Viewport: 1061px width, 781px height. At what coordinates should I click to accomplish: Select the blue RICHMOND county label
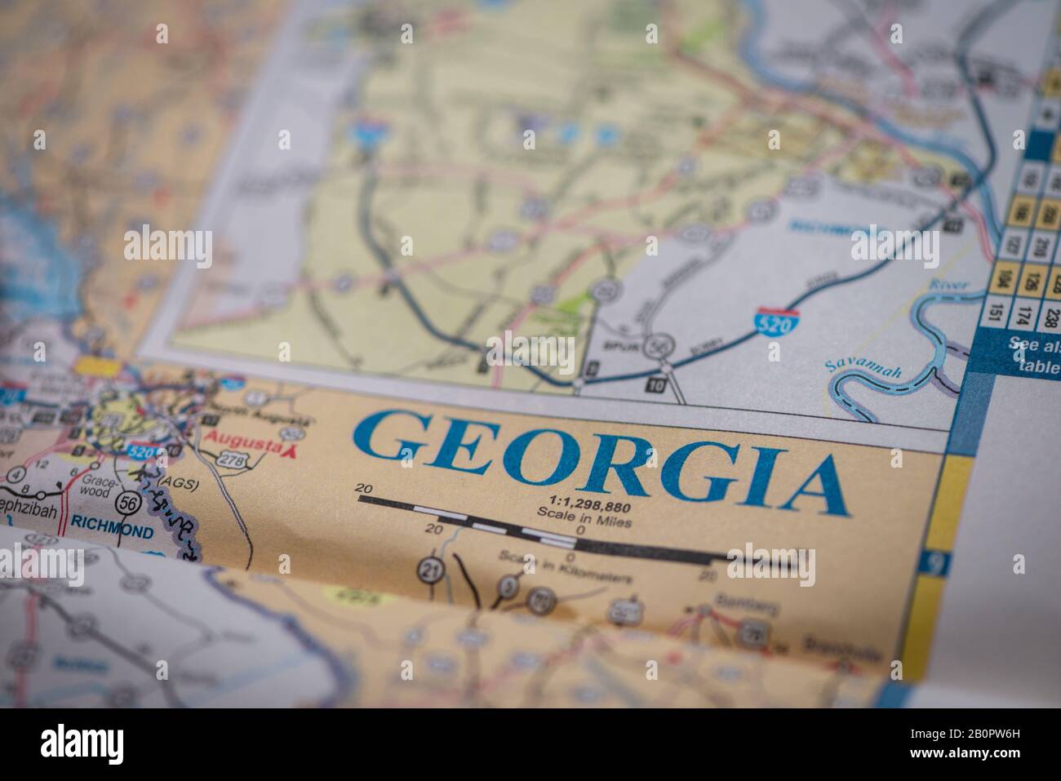(x=111, y=532)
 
